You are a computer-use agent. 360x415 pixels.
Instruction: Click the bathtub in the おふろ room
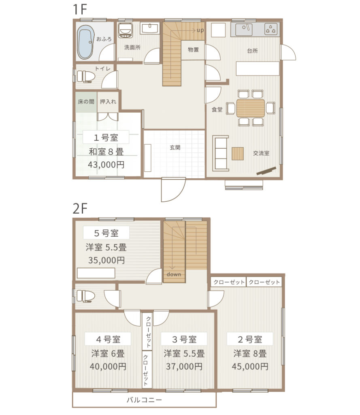click(85, 42)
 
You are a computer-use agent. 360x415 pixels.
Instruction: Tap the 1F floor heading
click(80, 9)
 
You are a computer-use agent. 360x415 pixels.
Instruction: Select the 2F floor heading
click(80, 209)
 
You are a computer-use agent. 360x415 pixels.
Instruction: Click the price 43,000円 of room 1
click(106, 165)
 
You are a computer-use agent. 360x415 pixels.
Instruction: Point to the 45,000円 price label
click(250, 366)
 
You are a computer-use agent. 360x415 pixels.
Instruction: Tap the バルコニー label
click(144, 400)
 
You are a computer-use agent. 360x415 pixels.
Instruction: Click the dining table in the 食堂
click(251, 108)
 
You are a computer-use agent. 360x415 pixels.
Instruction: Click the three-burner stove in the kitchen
click(271, 29)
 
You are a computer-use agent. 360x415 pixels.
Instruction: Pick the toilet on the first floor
click(86, 77)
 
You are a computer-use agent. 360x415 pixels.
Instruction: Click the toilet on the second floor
click(85, 296)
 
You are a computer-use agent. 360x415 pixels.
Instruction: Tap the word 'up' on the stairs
click(200, 30)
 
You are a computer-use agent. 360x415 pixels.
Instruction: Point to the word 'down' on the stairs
click(174, 274)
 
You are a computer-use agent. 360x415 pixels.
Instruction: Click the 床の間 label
click(86, 101)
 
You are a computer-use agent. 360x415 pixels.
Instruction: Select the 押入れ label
click(108, 101)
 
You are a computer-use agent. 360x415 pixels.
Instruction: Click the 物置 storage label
click(193, 49)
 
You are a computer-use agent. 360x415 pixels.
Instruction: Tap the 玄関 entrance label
click(175, 148)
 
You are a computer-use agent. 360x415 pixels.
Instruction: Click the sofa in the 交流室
click(221, 153)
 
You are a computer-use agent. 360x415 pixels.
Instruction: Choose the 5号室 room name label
click(107, 233)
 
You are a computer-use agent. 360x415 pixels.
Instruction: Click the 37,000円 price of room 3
click(184, 366)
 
